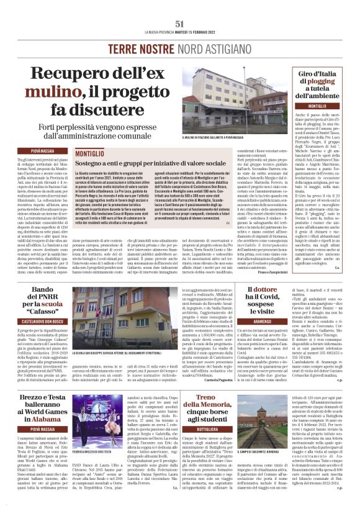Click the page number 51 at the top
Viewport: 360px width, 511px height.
point(180,23)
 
